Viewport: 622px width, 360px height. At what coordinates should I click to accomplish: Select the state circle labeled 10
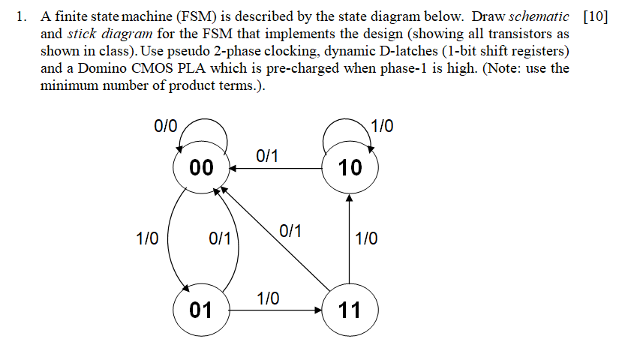point(350,168)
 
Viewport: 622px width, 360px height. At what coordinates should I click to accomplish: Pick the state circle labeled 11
point(350,309)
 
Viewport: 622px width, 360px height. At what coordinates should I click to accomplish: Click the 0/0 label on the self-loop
point(165,125)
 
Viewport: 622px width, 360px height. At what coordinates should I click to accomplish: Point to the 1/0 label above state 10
point(382,125)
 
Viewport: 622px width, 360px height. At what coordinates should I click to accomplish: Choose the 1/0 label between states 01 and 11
point(269,298)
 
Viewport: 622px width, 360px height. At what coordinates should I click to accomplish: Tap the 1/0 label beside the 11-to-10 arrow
point(366,239)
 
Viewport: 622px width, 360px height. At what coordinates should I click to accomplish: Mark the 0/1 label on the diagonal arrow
point(290,230)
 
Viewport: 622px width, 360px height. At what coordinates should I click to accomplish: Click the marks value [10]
point(595,17)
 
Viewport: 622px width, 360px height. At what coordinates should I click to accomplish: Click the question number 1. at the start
point(21,17)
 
